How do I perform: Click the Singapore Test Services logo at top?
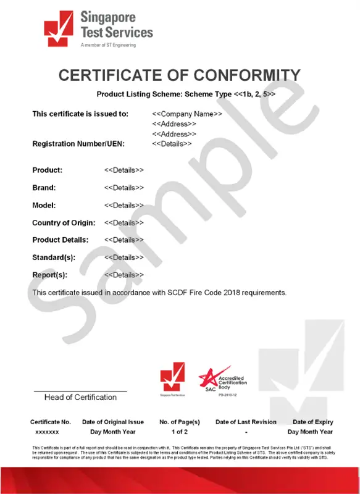tap(98, 28)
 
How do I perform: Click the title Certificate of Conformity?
tap(180, 75)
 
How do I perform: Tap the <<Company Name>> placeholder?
tap(187, 114)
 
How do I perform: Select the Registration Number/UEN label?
tap(78, 144)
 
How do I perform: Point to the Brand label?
tap(44, 188)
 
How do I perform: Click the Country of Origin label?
tap(63, 222)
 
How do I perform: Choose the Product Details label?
tap(60, 240)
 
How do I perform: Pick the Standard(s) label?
tap(54, 257)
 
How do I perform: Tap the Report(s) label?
tap(49, 275)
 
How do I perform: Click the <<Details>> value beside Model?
tap(124, 205)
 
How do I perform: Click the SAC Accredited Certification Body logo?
tap(220, 380)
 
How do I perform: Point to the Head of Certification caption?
tap(80, 397)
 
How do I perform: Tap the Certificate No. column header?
tap(51, 422)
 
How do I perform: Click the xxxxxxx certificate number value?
tap(48, 432)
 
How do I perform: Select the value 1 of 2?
tap(180, 432)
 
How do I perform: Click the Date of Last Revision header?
tap(246, 422)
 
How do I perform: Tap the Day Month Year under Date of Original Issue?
tap(113, 432)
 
